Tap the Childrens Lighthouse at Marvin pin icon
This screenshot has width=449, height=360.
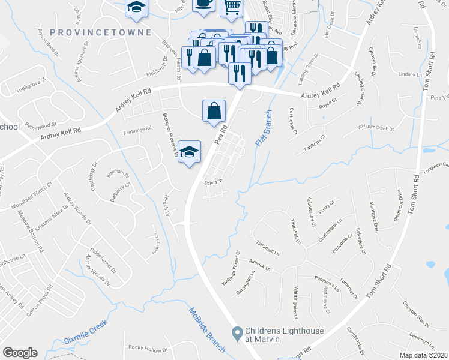point(238,332)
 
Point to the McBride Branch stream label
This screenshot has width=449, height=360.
point(203,325)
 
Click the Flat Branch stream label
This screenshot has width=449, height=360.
point(262,128)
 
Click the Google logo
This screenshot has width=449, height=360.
point(20,353)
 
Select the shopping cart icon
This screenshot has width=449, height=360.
point(231,7)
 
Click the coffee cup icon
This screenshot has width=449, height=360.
point(203,3)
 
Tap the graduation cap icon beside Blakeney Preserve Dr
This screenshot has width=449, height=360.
point(189,151)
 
